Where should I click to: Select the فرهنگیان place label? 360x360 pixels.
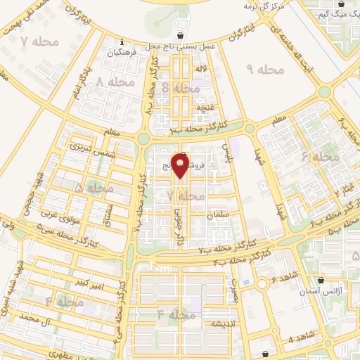pos(122,52)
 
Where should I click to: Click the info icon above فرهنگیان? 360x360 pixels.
pos(122,41)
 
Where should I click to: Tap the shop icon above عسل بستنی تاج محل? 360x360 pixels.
pos(181,34)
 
